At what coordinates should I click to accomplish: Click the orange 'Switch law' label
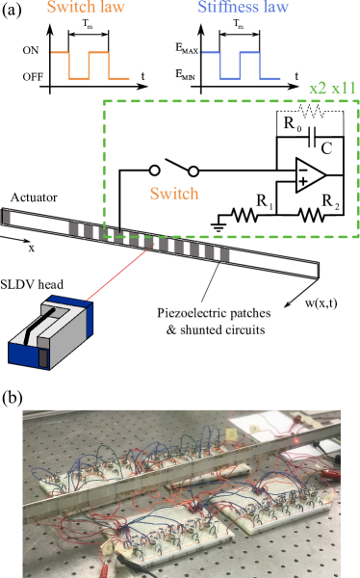[x=86, y=8]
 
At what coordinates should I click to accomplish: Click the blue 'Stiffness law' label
[x=243, y=8]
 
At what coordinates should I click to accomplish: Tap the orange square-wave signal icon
[x=89, y=66]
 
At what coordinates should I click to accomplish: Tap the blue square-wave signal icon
[x=240, y=66]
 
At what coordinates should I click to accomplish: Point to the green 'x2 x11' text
[x=332, y=88]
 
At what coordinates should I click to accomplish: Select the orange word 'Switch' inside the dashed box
[x=174, y=194]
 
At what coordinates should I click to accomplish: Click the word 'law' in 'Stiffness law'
[x=274, y=8]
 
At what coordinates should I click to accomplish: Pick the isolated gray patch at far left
[x=7, y=217]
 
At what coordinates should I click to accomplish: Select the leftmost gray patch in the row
[x=73, y=228]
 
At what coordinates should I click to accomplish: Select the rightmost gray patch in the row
[x=224, y=254]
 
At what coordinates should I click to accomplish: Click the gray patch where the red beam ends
[x=149, y=241]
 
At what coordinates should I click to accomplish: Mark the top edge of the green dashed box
[x=231, y=100]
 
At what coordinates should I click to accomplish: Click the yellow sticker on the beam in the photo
[x=232, y=434]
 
